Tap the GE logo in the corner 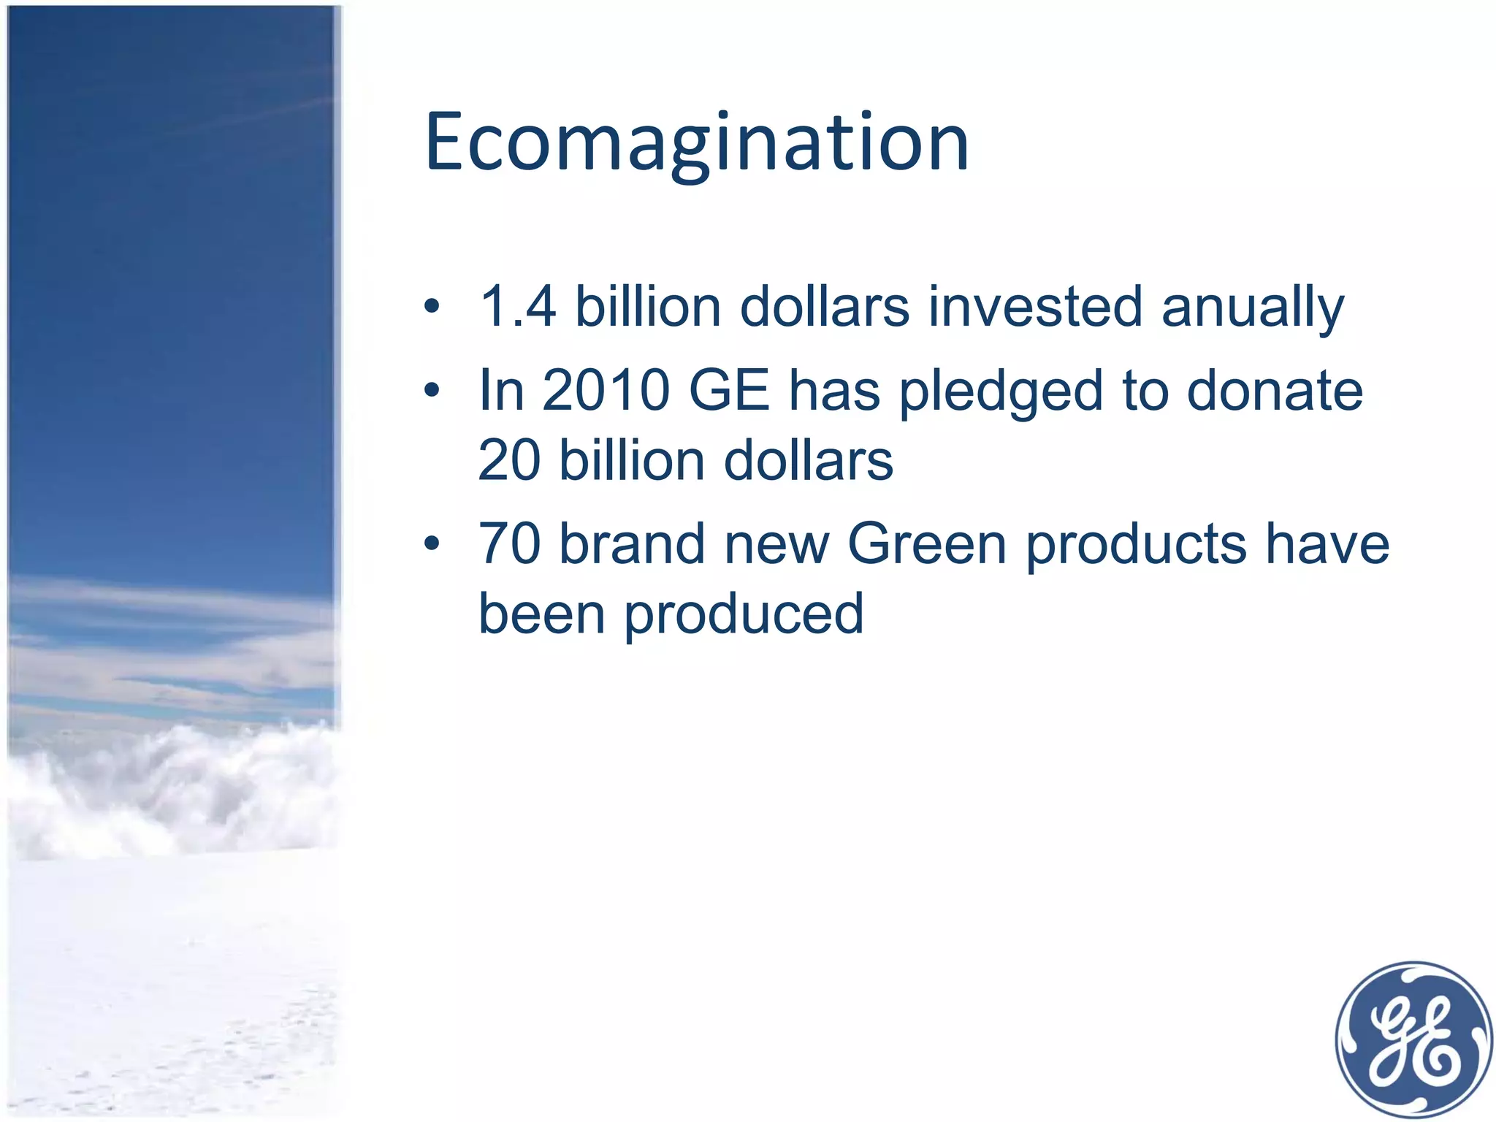pyautogui.click(x=1413, y=1039)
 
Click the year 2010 pyautogui.click(x=606, y=391)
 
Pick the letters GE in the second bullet pyautogui.click(x=729, y=391)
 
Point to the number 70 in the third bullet pyautogui.click(x=509, y=544)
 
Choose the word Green pyautogui.click(x=927, y=544)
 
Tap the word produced pyautogui.click(x=744, y=616)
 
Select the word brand pyautogui.click(x=632, y=544)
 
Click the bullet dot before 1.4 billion pyautogui.click(x=432, y=308)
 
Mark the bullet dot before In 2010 pyautogui.click(x=432, y=392)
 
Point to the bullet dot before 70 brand pyautogui.click(x=432, y=545)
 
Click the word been pyautogui.click(x=541, y=614)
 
